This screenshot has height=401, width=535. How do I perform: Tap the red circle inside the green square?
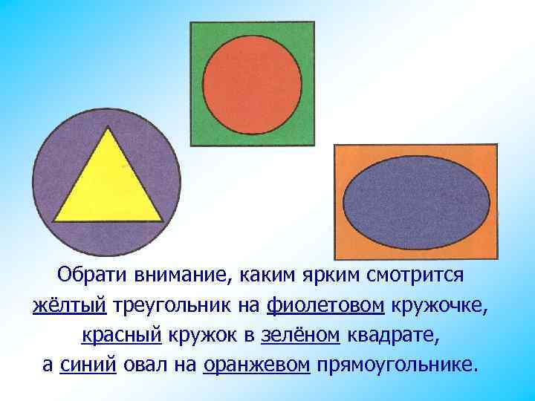(253, 78)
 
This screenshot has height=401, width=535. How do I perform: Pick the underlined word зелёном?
(300, 336)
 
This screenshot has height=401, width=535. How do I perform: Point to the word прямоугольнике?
(393, 365)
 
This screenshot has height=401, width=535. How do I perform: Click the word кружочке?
(448, 305)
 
